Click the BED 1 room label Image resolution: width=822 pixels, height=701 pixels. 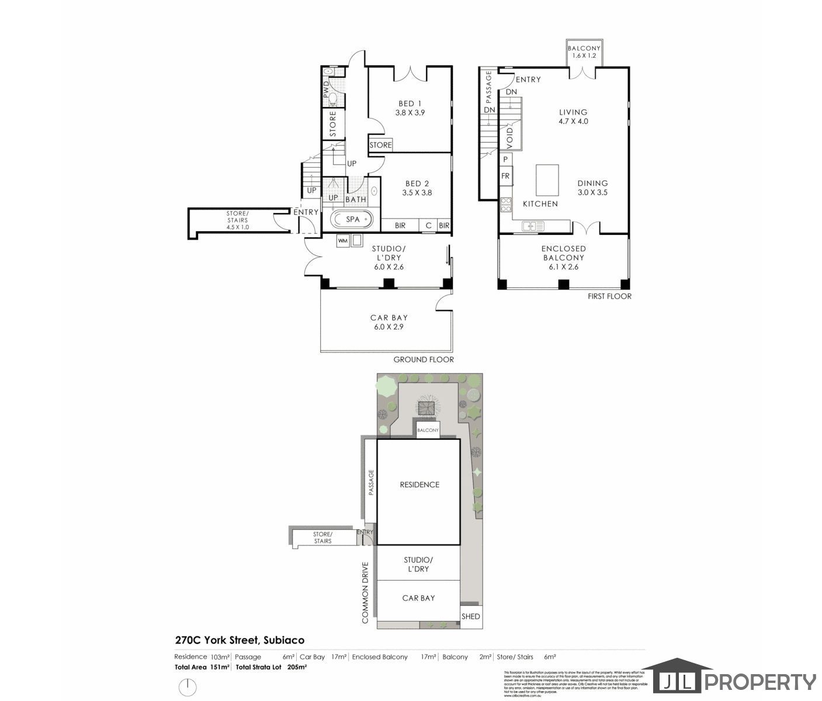(x=410, y=103)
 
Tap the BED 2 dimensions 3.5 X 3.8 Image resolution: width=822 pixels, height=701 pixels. (x=417, y=192)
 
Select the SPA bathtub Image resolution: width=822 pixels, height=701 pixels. (x=352, y=220)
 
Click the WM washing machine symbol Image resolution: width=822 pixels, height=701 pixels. (x=342, y=240)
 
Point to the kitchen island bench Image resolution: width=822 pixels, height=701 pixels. (x=547, y=180)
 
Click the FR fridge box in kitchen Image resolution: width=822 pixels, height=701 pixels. (x=505, y=176)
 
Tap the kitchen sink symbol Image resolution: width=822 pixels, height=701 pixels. (x=533, y=226)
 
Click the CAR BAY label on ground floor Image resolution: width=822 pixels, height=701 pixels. (x=389, y=318)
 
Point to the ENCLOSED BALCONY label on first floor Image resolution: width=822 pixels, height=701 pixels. (x=563, y=253)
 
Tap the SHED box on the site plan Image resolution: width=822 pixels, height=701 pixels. (x=471, y=616)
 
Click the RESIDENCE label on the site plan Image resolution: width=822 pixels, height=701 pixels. (x=419, y=484)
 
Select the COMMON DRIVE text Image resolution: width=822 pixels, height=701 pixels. (x=365, y=592)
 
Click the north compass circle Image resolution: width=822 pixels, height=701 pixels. (x=187, y=686)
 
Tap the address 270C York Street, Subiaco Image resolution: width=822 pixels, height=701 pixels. (x=240, y=640)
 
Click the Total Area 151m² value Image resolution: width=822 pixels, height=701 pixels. (x=219, y=667)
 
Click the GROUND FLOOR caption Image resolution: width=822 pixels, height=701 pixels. (x=424, y=359)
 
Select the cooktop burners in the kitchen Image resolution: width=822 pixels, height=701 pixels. (x=506, y=204)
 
